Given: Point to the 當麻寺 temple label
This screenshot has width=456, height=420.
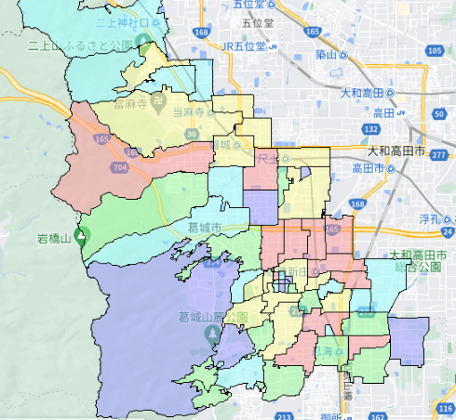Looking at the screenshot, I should [x=130, y=106].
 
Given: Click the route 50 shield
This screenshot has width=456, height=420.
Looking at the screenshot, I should [x=439, y=113].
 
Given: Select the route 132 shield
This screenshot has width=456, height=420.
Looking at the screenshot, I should [x=371, y=129].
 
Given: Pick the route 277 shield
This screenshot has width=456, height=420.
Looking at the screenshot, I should [x=438, y=155].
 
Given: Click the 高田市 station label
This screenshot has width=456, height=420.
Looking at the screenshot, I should [x=369, y=168].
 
